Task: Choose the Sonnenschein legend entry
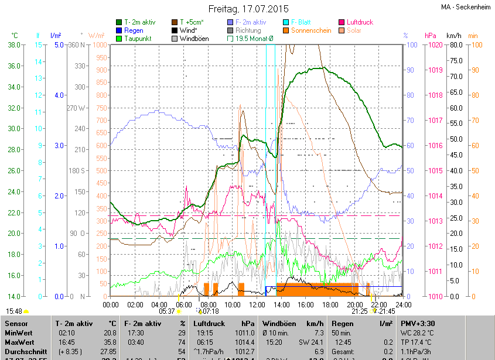click(310, 30)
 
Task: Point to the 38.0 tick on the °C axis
click(15, 45)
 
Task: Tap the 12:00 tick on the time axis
click(257, 304)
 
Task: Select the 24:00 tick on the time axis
click(402, 304)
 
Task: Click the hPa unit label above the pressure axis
click(430, 36)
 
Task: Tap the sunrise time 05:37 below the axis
click(167, 311)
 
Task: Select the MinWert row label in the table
click(21, 332)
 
